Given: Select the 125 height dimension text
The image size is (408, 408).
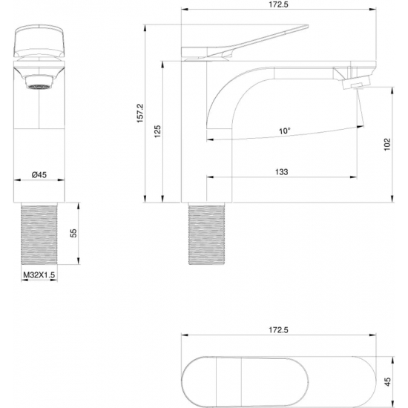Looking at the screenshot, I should point(158,133).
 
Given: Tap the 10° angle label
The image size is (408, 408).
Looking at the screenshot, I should point(284,131).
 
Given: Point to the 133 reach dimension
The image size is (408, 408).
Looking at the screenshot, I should point(281,171).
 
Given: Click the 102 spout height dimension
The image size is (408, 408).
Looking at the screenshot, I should point(386,144).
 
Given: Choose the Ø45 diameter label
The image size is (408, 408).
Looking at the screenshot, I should point(39,174).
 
